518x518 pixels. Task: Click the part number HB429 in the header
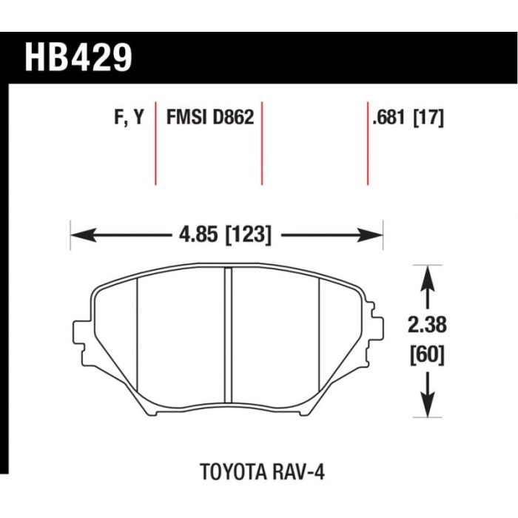point(78,58)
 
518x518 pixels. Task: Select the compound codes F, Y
point(129,117)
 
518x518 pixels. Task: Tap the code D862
point(234,117)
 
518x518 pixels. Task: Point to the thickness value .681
point(388,117)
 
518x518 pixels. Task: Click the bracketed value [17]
point(428,117)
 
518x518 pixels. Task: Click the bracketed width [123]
point(248,235)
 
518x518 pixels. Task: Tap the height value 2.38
point(427,325)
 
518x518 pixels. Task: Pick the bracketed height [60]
point(427,355)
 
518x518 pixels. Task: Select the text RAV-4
point(299,472)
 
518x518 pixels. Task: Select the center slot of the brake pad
point(228,335)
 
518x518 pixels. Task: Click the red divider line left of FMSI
point(155,144)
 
